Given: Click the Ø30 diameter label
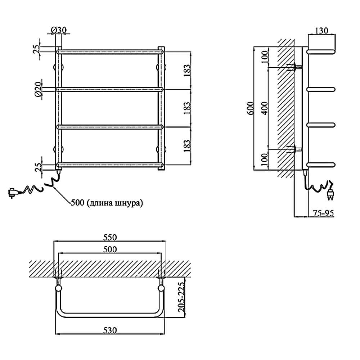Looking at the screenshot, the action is (x=58, y=30).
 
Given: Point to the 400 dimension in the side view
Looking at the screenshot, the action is (x=265, y=108).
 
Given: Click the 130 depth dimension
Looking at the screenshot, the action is (x=321, y=30).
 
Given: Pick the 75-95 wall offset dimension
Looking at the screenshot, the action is (x=323, y=213).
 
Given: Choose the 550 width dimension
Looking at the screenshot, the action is (x=110, y=237).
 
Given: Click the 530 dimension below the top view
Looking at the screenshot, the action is (x=110, y=330).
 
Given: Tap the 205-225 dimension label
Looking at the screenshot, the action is (x=181, y=297).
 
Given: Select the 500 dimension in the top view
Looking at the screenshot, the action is (x=110, y=249).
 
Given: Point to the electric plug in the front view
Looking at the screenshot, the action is (x=13, y=192).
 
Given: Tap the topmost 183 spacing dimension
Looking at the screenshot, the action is (x=187, y=71).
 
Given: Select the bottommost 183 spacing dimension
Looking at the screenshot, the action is (x=187, y=146).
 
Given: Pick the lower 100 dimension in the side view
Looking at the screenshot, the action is (x=265, y=159).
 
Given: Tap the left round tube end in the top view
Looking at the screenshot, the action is (x=58, y=288).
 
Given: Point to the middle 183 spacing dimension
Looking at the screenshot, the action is (x=187, y=108).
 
